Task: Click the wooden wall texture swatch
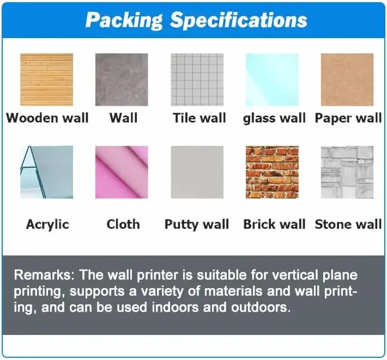(46, 80)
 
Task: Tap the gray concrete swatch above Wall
(122, 80)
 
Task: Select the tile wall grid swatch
(197, 80)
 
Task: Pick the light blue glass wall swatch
(272, 80)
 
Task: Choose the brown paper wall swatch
(347, 80)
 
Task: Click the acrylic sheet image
(46, 172)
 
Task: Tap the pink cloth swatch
(122, 172)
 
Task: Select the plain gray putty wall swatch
(197, 172)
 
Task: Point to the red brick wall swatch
(272, 172)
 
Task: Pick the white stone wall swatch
(347, 172)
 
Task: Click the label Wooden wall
(47, 118)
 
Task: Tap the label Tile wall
(199, 118)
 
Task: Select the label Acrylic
(47, 224)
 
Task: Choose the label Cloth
(123, 224)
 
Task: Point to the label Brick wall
(274, 224)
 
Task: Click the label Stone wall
(348, 224)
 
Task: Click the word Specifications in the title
(238, 21)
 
